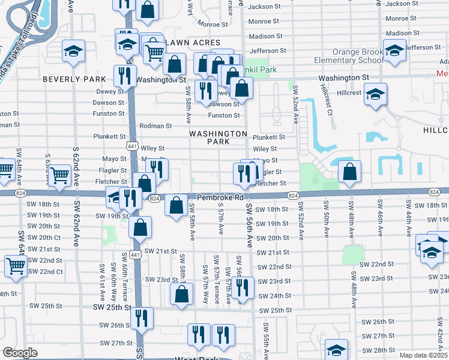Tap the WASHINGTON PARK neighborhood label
(x=218, y=137)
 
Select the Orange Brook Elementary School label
(x=349, y=56)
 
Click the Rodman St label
(x=155, y=126)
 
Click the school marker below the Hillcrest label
(x=376, y=94)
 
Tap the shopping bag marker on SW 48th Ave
(x=349, y=172)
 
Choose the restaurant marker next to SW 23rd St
(x=243, y=287)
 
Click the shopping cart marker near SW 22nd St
(x=16, y=265)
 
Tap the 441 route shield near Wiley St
(x=133, y=146)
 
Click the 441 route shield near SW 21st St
(x=137, y=255)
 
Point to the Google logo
(x=20, y=353)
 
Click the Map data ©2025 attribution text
(x=423, y=355)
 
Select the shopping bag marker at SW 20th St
(x=140, y=227)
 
